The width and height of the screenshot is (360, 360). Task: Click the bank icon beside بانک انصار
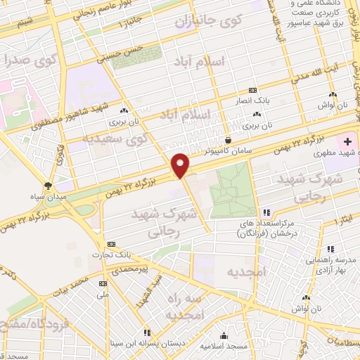253,91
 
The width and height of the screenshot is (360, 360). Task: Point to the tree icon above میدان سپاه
48,186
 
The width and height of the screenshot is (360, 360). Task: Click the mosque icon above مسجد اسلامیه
224,335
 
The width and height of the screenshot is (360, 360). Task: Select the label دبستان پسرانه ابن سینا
174,344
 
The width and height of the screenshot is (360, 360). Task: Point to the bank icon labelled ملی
103,283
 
